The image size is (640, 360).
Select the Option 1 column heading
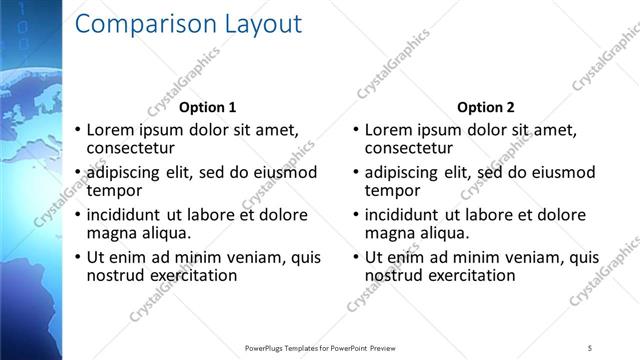[208, 107]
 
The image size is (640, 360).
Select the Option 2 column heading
[486, 107]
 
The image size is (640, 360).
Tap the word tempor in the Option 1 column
[114, 190]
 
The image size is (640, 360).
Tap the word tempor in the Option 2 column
[392, 190]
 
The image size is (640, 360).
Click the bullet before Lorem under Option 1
[79, 130]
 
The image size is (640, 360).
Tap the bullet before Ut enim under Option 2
[357, 257]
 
